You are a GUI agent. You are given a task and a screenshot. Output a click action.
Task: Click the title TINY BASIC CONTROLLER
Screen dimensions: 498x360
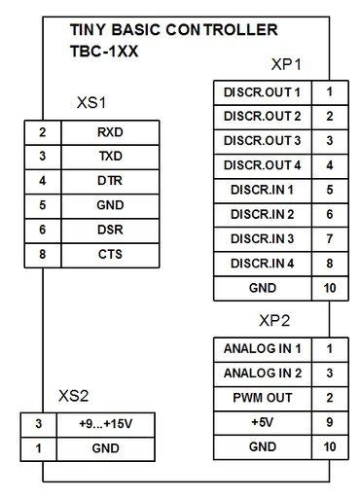pyautogui.click(x=173, y=30)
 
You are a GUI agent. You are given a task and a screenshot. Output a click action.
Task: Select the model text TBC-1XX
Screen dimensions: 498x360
pyautogui.click(x=104, y=50)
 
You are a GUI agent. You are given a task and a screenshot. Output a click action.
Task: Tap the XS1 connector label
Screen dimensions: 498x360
pyautogui.click(x=91, y=102)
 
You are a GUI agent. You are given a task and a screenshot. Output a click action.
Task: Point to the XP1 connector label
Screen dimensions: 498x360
pyautogui.click(x=286, y=65)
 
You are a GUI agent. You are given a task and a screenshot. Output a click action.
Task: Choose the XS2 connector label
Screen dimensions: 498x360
pyautogui.click(x=74, y=396)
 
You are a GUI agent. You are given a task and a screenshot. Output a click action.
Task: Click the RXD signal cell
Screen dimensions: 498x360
pyautogui.click(x=110, y=131)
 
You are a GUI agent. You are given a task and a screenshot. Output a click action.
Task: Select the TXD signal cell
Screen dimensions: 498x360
pyautogui.click(x=110, y=156)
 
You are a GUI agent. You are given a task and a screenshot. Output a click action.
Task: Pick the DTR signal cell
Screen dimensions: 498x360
pyautogui.click(x=110, y=180)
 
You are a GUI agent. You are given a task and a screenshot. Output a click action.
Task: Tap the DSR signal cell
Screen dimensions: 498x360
pyautogui.click(x=110, y=230)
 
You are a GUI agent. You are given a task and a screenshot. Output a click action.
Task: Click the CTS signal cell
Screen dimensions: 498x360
pyautogui.click(x=110, y=254)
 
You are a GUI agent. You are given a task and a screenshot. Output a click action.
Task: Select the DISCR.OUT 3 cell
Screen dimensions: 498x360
pyautogui.click(x=263, y=141)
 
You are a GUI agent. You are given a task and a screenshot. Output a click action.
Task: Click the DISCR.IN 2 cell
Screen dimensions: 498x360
pyautogui.click(x=263, y=214)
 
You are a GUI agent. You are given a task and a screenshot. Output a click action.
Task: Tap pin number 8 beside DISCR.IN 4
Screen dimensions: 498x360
pyautogui.click(x=330, y=263)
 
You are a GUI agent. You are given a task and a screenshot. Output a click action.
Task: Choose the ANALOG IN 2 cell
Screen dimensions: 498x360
pyautogui.click(x=263, y=373)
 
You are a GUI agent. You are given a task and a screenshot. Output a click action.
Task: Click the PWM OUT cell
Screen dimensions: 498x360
pyautogui.click(x=263, y=397)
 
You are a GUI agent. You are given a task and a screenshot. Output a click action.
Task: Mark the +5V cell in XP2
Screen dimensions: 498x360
pyautogui.click(x=263, y=422)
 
